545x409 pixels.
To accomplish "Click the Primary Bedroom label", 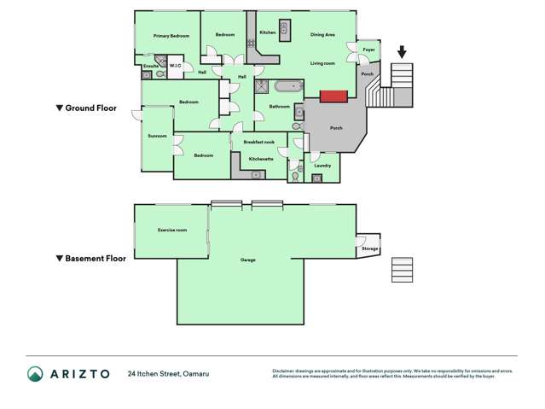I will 171,36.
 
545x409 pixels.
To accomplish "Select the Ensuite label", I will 151,66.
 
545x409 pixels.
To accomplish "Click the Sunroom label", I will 157,136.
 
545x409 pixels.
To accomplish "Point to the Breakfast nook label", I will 258,142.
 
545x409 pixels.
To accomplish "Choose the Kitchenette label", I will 260,159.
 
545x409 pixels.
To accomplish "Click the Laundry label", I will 322,166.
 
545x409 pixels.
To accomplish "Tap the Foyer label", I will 368,50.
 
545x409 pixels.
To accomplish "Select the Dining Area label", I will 322,35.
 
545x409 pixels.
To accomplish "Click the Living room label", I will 322,63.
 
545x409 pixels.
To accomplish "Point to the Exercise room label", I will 172,231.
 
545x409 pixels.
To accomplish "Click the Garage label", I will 248,260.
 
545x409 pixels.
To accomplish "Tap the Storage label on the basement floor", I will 369,248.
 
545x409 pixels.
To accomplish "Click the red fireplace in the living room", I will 333,95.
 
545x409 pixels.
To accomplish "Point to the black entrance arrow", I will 402,54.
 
